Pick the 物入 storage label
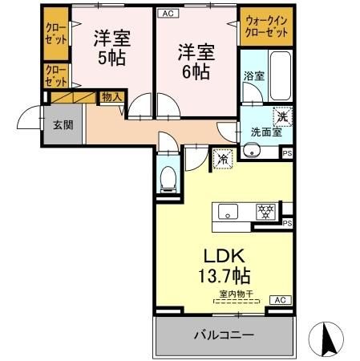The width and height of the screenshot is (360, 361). [111, 97]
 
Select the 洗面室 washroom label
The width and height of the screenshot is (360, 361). [265, 132]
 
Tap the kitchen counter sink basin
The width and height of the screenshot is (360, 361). [228, 213]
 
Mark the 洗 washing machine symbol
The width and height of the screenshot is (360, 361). [281, 116]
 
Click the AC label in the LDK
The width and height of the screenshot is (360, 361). [281, 299]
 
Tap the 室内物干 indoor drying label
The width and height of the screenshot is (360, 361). [233, 294]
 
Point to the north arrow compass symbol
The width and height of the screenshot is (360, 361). [328, 338]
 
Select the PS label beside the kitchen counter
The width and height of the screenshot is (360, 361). [287, 223]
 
